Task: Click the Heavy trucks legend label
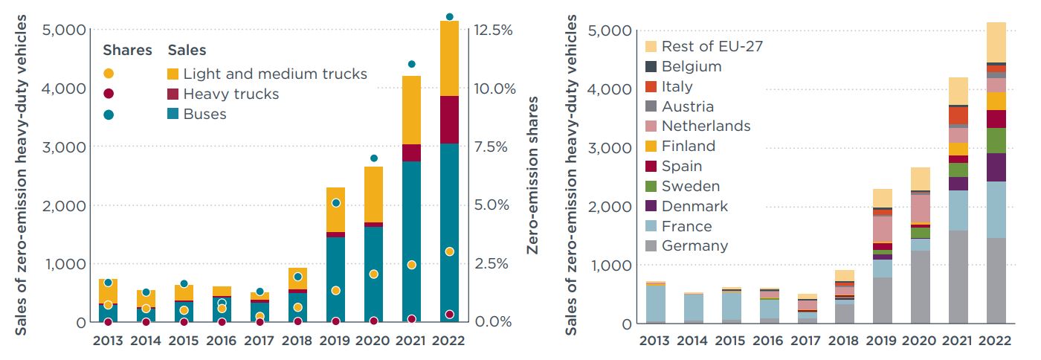click(231, 94)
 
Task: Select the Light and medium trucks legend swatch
click(173, 74)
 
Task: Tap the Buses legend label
click(204, 115)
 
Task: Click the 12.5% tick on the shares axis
click(494, 30)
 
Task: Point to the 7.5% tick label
click(494, 147)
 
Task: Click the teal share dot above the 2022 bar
click(449, 16)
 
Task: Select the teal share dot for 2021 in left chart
click(411, 64)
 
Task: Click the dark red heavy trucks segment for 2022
click(449, 119)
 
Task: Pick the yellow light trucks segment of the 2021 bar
click(411, 110)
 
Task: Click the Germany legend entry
click(694, 246)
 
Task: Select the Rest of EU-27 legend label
click(712, 46)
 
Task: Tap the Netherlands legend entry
click(706, 126)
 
